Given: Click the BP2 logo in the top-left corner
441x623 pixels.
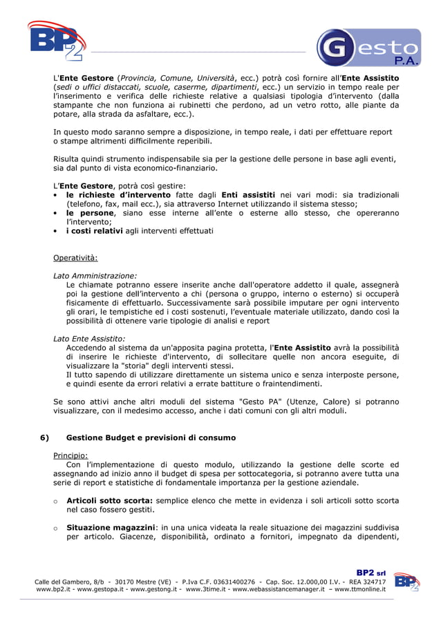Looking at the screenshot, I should [x=57, y=41].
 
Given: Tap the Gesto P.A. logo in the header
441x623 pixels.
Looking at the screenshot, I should [x=368, y=48].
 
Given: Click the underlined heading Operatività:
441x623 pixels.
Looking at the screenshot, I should [x=75, y=258].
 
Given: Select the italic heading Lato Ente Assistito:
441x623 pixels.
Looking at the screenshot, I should [x=89, y=339].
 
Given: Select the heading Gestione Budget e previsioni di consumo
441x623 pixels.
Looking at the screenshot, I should [x=151, y=437].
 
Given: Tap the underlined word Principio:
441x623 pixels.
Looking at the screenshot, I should [x=71, y=455].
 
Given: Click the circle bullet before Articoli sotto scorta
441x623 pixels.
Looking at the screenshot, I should [x=55, y=500].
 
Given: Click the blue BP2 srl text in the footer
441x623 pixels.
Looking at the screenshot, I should [x=370, y=573].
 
